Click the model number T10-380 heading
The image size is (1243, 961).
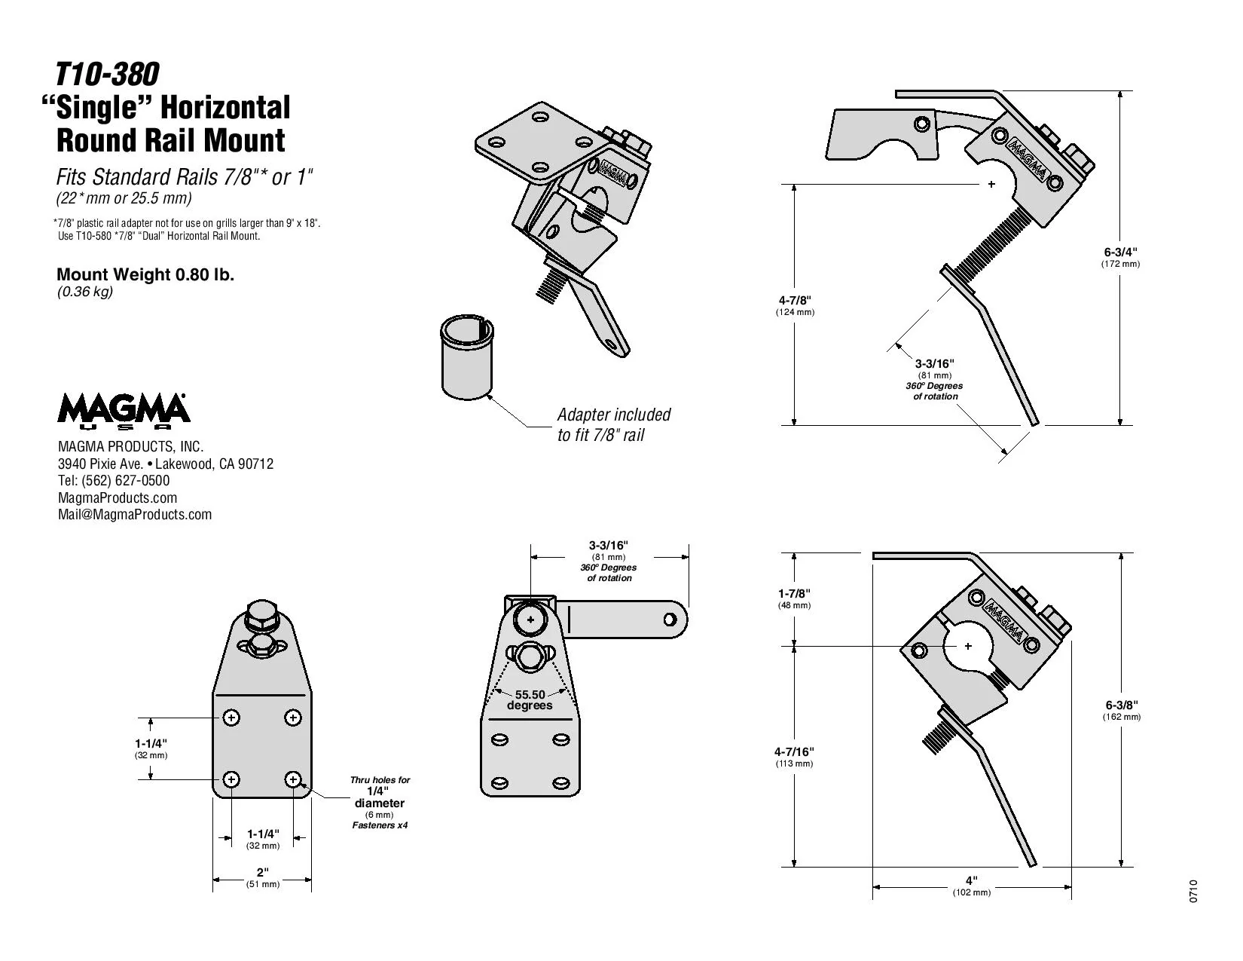pos(107,75)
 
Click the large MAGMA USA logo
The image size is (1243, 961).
pos(124,410)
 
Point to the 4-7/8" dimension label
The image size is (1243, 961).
pos(795,305)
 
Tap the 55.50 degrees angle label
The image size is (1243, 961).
pos(530,699)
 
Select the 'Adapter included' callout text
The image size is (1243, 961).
pos(613,424)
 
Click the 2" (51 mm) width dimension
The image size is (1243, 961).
pos(262,877)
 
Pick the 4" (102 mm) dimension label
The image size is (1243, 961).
pos(971,885)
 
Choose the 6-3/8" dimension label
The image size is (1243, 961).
pos(1121,709)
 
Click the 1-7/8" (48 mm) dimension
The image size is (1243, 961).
pos(794,598)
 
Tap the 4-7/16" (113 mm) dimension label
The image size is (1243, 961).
pos(794,756)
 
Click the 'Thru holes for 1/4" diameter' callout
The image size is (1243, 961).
pos(380,802)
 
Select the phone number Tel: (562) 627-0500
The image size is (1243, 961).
pos(114,481)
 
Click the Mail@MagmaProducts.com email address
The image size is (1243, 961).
pos(135,515)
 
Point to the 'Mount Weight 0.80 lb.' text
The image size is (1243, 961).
pos(145,274)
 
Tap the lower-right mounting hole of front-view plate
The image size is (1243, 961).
pos(293,779)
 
